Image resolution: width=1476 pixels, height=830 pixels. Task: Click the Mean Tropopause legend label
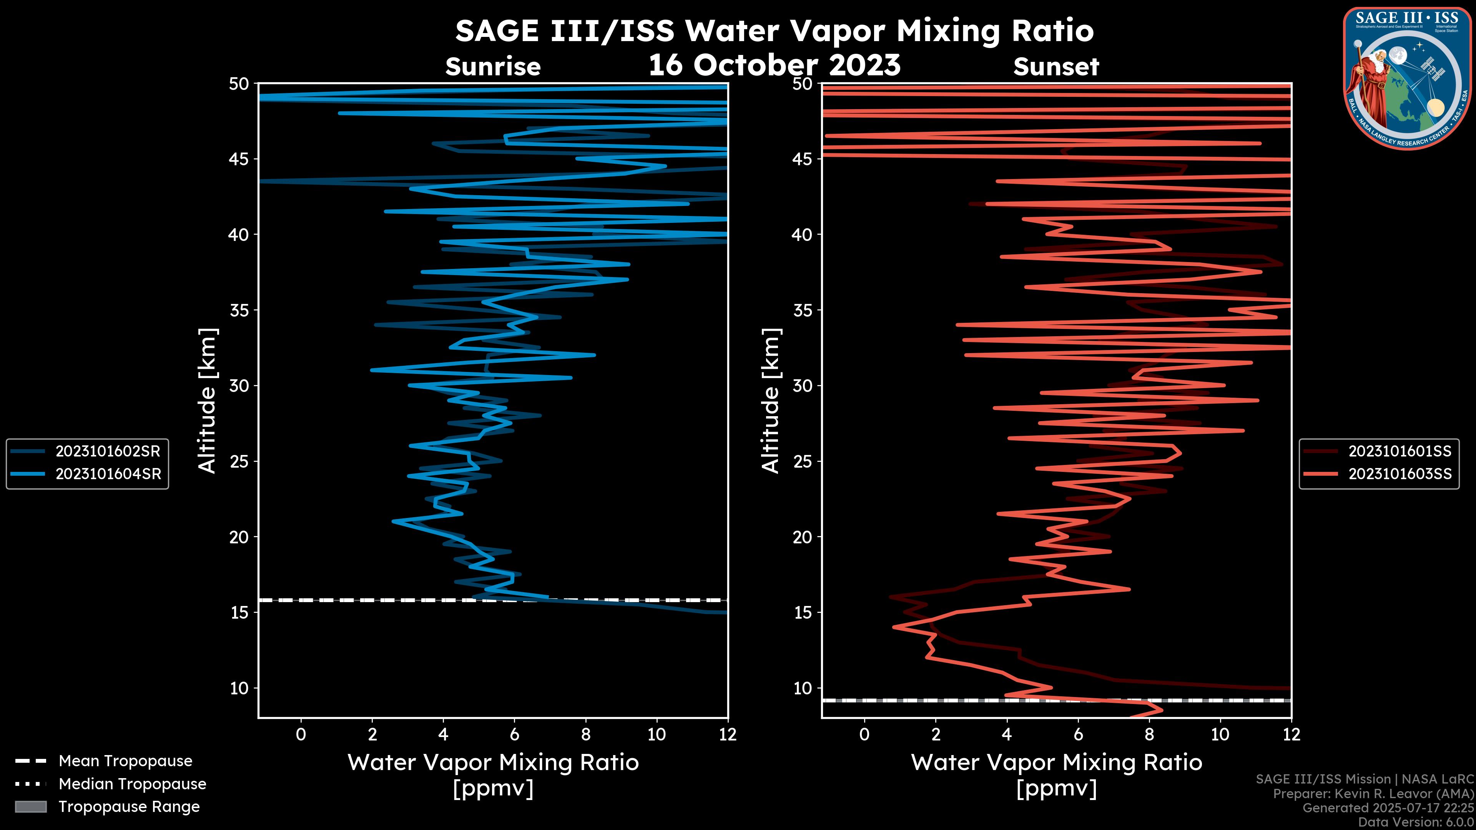click(125, 761)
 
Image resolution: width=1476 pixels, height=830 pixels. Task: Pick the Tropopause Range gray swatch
click(30, 807)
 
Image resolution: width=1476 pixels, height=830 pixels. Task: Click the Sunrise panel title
click(493, 67)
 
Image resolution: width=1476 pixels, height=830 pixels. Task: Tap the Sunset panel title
click(1056, 67)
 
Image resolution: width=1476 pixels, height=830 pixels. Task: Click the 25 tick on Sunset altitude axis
click(803, 461)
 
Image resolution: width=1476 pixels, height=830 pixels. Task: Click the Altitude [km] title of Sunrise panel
click(208, 400)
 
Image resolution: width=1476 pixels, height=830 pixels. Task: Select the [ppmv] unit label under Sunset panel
click(1056, 788)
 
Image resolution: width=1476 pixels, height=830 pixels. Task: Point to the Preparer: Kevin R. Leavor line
click(1373, 793)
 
